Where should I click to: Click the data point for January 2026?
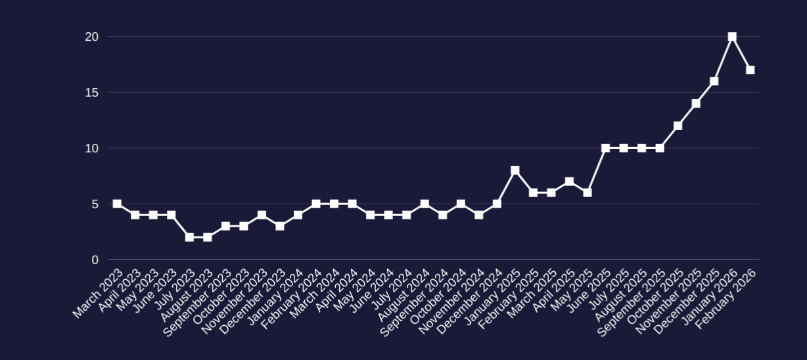732,37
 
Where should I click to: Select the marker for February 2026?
750,70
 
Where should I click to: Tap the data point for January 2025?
515,171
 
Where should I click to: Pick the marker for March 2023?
117,204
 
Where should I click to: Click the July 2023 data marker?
189,237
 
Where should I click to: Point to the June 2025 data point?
605,148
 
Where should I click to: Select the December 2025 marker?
714,81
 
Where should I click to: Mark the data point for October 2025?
678,126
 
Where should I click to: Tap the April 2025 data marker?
569,182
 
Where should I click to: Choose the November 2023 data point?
262,215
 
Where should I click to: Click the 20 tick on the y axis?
91,37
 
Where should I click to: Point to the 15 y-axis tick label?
91,93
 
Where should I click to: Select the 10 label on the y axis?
91,148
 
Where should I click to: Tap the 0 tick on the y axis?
95,260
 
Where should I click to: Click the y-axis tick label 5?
95,204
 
